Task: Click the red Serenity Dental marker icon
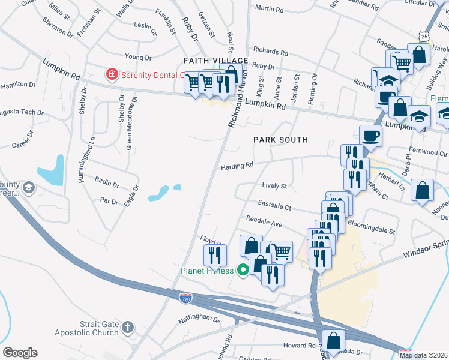111,74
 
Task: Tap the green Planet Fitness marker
243,270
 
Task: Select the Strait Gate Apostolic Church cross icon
127,327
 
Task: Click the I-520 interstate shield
185,298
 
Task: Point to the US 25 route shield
424,38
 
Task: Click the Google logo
20,353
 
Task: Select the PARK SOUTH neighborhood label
280,140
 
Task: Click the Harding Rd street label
237,164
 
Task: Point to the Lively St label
275,186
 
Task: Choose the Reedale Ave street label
262,223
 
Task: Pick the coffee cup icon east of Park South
370,135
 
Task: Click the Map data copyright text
423,355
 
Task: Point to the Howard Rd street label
299,346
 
